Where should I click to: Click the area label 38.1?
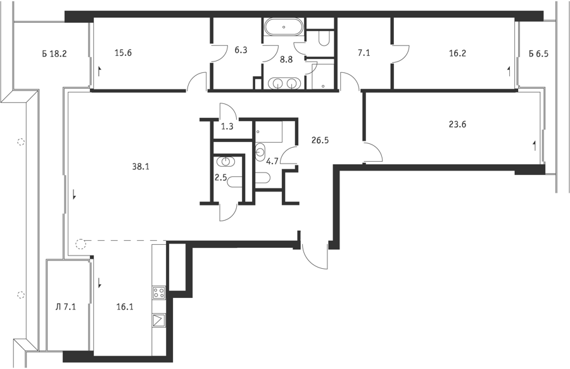[x=141, y=167]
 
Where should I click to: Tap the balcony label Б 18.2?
[x=54, y=55]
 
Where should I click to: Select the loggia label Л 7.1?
[x=65, y=307]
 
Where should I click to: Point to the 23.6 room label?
[x=458, y=124]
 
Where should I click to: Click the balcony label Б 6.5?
[x=538, y=55]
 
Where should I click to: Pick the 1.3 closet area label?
[x=227, y=127]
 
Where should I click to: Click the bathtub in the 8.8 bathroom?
[x=284, y=27]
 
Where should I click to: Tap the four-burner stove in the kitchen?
[x=159, y=292]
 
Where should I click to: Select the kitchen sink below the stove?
[x=159, y=321]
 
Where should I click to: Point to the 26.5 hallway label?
[x=320, y=140]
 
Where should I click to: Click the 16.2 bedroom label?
[x=457, y=53]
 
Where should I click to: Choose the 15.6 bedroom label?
[x=123, y=53]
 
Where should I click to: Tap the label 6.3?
[x=241, y=50]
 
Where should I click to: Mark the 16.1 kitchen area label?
[x=125, y=307]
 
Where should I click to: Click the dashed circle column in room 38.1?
[x=80, y=244]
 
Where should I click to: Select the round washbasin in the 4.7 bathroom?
[x=261, y=152]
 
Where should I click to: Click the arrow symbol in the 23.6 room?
[x=534, y=146]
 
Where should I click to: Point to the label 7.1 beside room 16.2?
[x=364, y=53]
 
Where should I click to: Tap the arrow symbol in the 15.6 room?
[x=99, y=71]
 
